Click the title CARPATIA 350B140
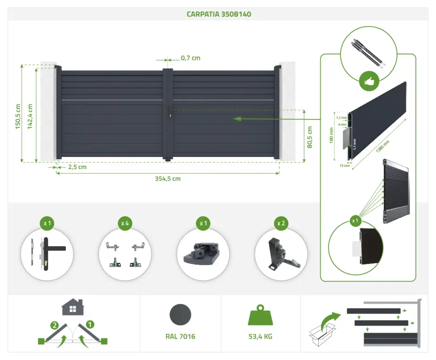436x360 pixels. (219, 14)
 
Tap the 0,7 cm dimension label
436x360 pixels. (191, 58)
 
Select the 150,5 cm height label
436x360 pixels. (18, 116)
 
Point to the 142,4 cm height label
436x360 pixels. (30, 116)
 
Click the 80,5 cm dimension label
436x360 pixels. (310, 137)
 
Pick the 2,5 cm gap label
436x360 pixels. (77, 167)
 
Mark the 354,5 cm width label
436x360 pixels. (168, 179)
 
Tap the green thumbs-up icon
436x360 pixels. (369, 81)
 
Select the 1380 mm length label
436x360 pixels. (383, 146)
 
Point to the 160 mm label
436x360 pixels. (331, 136)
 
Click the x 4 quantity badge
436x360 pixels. (125, 223)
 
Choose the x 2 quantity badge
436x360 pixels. (281, 223)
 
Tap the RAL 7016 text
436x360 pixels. (181, 336)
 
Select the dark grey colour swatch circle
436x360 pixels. (181, 315)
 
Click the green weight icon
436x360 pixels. (260, 315)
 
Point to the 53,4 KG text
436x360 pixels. (260, 336)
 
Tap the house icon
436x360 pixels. (73, 307)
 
